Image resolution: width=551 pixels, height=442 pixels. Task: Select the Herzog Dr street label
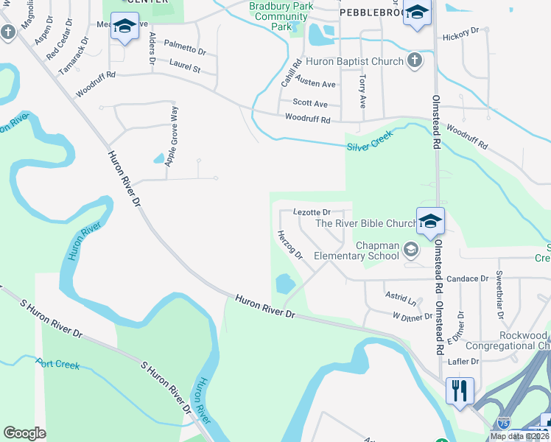pyautogui.click(x=289, y=245)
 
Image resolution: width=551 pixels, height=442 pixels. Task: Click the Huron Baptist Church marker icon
pyautogui.click(x=415, y=61)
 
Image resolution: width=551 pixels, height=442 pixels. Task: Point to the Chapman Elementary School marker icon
pyautogui.click(x=411, y=250)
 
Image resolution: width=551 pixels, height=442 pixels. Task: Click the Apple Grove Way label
pyautogui.click(x=172, y=136)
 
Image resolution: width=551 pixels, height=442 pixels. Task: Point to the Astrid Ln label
pyautogui.click(x=400, y=298)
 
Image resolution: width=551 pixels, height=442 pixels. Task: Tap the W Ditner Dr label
pyautogui.click(x=413, y=318)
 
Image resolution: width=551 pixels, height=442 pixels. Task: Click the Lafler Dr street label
pyautogui.click(x=464, y=362)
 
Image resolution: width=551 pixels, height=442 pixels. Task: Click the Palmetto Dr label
pyautogui.click(x=185, y=49)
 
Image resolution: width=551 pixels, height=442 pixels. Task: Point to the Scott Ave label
pyautogui.click(x=310, y=104)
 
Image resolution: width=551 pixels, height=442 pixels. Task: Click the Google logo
pyautogui.click(x=25, y=433)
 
